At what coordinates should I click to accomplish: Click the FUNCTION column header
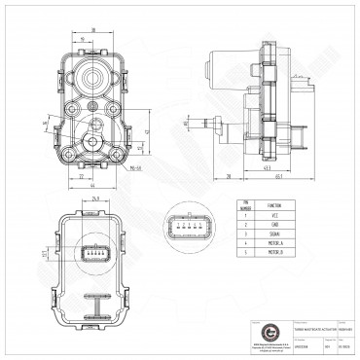273,204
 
